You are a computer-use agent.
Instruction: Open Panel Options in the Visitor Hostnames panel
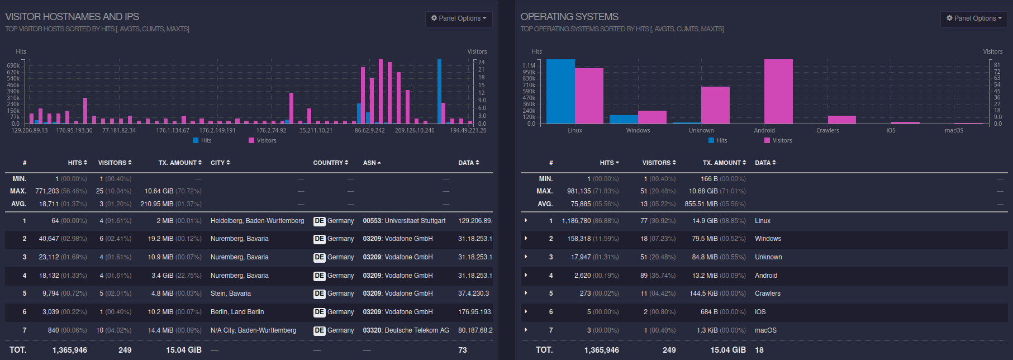coord(459,18)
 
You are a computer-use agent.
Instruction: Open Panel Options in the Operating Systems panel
coord(974,18)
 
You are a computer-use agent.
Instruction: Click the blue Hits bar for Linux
coord(560,92)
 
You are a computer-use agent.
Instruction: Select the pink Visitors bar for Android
coord(778,92)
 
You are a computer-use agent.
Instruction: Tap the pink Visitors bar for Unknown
coord(715,105)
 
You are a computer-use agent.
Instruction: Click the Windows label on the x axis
coord(638,130)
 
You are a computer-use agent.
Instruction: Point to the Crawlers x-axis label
coord(827,130)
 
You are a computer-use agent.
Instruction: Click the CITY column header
coord(220,163)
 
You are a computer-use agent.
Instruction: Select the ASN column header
coord(372,163)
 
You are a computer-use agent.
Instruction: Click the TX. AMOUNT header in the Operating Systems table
coord(724,163)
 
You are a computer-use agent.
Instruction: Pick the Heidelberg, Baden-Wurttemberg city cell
coord(257,221)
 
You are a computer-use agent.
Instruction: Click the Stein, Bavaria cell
coord(230,293)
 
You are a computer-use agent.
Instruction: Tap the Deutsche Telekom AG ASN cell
coord(406,330)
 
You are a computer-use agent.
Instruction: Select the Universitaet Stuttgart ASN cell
coord(404,221)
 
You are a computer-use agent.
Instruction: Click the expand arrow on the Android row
coord(526,276)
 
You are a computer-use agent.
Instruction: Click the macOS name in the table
coord(765,330)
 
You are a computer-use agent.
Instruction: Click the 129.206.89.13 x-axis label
coord(30,130)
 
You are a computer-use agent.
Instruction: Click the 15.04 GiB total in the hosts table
coord(183,350)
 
